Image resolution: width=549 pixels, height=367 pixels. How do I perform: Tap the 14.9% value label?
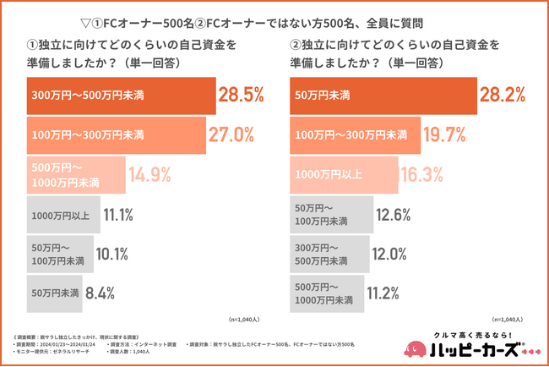click(x=150, y=175)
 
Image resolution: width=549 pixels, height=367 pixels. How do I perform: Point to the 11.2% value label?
click(x=389, y=293)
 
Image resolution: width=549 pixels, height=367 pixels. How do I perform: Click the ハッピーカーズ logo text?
click(x=477, y=349)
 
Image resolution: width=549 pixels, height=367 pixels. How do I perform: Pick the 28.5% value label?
click(x=241, y=95)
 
